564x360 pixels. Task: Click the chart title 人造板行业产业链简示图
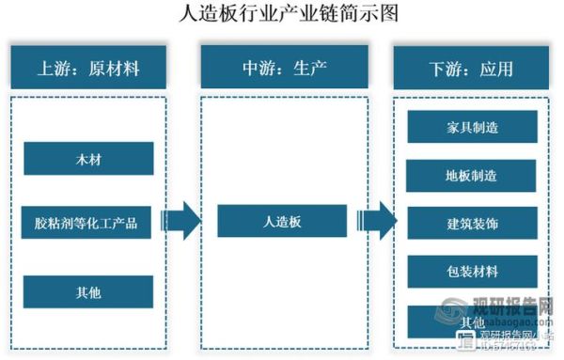[x=282, y=13]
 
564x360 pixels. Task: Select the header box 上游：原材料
[x=88, y=68]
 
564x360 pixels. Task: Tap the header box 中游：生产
[x=281, y=68]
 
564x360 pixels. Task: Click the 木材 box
[x=88, y=159]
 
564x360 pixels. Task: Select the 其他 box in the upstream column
[x=88, y=291]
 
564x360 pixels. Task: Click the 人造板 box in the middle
[x=282, y=222]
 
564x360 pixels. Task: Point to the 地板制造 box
[x=472, y=176]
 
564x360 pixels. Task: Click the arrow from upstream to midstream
[x=180, y=222]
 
